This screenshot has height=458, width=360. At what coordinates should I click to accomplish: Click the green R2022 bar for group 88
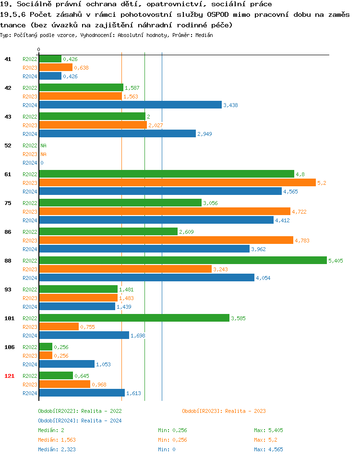tap(182, 260)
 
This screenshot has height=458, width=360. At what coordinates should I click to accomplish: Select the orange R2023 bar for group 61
tap(177, 182)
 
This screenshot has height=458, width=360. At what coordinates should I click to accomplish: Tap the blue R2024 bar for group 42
tap(130, 105)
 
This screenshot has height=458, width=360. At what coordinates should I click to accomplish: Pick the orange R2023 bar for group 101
tap(59, 326)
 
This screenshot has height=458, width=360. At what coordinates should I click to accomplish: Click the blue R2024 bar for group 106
tap(67, 364)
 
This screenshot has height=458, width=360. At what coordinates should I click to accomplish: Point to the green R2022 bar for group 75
tap(120, 203)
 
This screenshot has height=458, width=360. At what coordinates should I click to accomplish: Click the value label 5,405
tap(336, 261)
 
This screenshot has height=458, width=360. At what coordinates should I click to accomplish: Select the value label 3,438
tap(230, 105)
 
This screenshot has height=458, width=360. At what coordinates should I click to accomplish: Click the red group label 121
tap(9, 376)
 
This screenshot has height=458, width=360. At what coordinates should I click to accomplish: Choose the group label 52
tap(8, 145)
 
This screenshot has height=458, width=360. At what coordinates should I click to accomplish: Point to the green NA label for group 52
tap(43, 145)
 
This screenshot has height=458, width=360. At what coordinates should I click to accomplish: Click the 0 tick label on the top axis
tap(39, 49)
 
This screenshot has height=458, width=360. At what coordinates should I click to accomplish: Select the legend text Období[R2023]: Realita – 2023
tap(224, 411)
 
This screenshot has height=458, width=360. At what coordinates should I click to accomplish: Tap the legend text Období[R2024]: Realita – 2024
tap(80, 421)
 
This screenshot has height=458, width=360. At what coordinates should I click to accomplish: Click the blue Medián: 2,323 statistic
tap(57, 449)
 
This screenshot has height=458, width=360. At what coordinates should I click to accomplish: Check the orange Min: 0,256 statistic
tap(172, 440)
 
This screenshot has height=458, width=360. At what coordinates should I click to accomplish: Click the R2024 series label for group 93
tap(30, 307)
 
